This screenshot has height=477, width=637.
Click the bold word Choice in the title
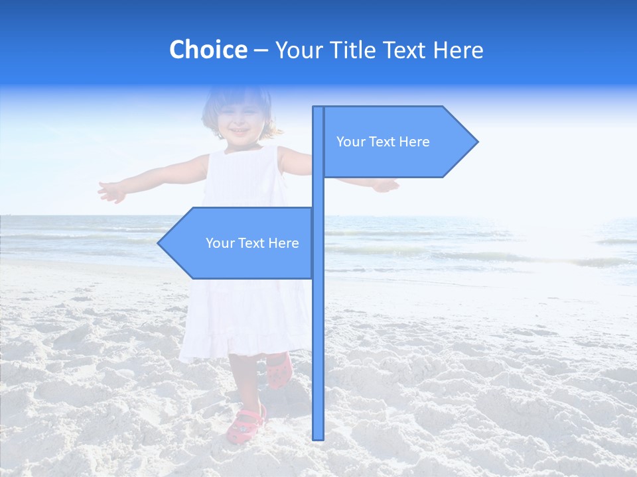[208, 50]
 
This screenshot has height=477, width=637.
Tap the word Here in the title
[458, 50]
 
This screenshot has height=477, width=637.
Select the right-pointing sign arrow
[398, 141]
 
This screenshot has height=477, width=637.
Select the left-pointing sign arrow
[239, 243]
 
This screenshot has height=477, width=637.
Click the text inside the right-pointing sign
[383, 142]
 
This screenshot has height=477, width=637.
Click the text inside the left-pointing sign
[252, 243]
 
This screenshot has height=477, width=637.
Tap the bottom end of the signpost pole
[318, 437]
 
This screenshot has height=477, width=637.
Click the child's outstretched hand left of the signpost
[111, 191]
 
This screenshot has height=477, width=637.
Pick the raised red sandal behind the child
[279, 371]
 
